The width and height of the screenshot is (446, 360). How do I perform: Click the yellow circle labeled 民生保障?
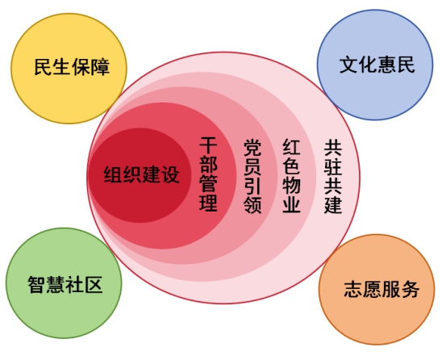coord(69,69)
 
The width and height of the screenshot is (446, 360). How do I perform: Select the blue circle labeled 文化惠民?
coord(375,65)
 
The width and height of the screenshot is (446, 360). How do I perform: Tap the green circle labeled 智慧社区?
coord(64,283)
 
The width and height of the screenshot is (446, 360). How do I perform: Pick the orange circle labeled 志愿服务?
coord(377,290)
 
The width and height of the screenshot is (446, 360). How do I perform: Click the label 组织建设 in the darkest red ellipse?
coord(141,174)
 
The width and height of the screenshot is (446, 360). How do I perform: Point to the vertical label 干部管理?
coord(208,174)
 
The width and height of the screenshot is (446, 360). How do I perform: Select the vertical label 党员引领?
coord(252,176)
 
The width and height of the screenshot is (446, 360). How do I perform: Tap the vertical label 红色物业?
coord(291,176)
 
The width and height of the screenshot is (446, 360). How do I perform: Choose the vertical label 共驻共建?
coord(333,177)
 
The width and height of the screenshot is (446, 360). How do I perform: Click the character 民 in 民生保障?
coord(44,67)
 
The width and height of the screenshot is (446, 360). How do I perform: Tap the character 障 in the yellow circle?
coord(100,67)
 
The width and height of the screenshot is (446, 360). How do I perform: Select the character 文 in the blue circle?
coord(348,65)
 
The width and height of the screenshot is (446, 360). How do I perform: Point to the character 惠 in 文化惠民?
coord(387,65)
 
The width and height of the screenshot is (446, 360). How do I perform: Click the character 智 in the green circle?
coord(36,285)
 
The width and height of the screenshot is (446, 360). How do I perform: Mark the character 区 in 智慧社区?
coord(94,285)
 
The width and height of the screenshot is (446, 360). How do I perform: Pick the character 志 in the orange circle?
coord(353,289)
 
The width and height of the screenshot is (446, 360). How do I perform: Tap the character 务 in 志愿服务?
coord(410,289)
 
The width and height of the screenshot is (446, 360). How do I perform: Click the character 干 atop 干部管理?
coord(208,145)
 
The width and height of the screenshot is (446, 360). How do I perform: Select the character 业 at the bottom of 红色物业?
coord(291,204)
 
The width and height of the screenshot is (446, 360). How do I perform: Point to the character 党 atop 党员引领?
coord(252,148)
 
